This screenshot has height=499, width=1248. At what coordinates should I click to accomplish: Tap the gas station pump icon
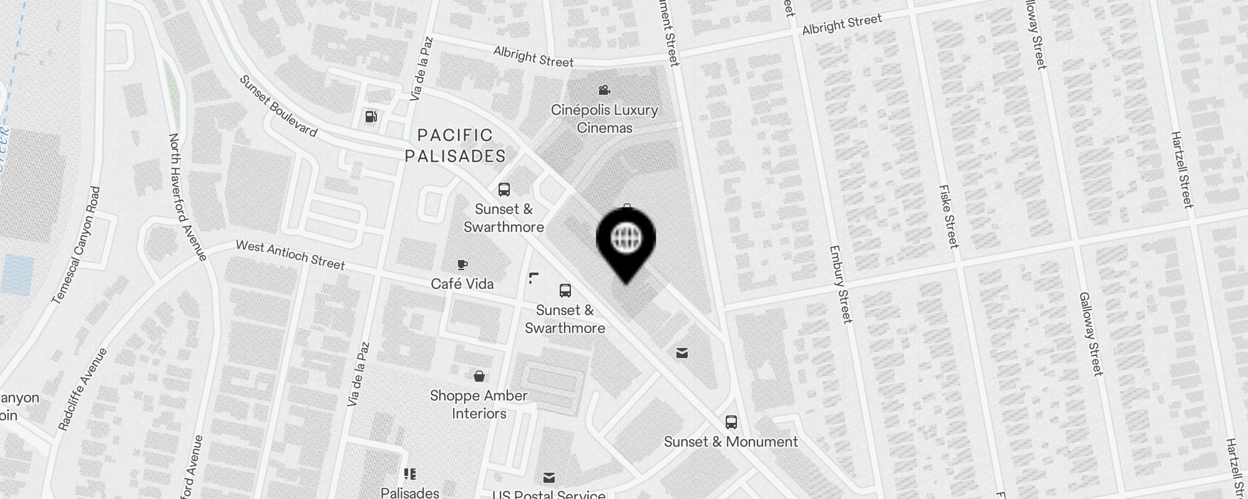371,117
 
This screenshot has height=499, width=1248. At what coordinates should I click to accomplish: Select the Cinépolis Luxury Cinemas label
604,119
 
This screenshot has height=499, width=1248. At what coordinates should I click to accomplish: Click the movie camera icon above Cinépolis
603,90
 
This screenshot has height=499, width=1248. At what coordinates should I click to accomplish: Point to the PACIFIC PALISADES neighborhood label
455,145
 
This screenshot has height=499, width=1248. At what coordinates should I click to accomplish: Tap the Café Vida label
462,284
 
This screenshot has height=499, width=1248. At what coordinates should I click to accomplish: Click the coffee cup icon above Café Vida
462,264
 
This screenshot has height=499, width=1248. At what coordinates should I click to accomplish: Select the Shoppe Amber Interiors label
479,404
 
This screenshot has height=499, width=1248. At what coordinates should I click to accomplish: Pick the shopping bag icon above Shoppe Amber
479,376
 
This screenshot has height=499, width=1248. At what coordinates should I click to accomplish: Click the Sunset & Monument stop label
731,442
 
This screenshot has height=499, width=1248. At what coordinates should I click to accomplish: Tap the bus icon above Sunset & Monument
731,422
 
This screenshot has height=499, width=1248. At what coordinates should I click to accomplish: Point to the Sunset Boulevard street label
278,106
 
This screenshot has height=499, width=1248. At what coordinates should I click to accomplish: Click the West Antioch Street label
290,255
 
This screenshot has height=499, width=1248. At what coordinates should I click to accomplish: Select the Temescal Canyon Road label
76,245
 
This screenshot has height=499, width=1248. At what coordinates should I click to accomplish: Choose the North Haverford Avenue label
187,196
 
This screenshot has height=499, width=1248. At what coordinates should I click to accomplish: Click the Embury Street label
840,284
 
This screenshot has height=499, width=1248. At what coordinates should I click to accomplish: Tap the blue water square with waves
17,274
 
